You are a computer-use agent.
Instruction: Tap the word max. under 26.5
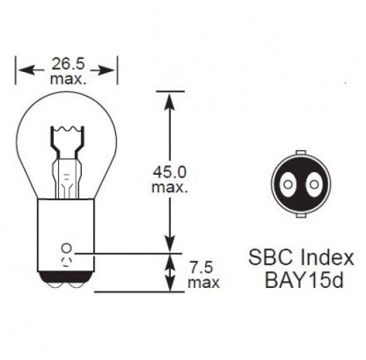[69, 79]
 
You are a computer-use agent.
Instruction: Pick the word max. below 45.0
[168, 187]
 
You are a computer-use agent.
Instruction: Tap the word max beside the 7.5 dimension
[203, 282]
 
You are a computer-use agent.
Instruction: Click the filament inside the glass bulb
[67, 132]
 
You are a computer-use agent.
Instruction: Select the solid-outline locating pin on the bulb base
[67, 248]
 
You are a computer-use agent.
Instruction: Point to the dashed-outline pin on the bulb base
[67, 263]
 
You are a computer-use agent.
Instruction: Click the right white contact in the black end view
[314, 185]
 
